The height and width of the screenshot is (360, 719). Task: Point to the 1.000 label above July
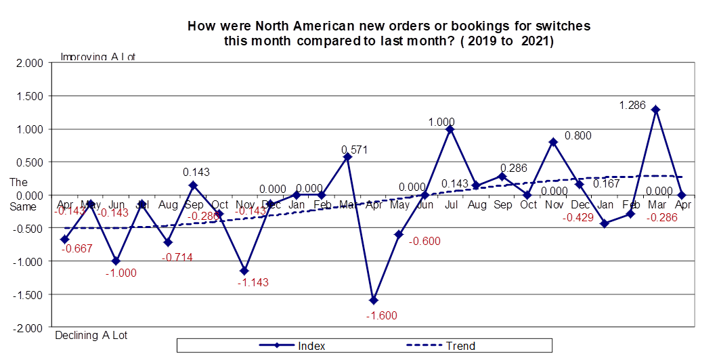click(x=442, y=122)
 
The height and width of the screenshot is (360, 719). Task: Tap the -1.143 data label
click(x=253, y=282)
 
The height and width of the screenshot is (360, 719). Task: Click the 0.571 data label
click(x=354, y=150)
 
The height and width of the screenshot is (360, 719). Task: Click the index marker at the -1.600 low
click(x=373, y=300)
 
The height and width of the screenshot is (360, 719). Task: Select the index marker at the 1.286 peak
click(x=655, y=110)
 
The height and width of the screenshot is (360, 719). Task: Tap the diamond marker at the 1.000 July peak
click(x=450, y=129)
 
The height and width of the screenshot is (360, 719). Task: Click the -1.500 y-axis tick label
click(x=29, y=294)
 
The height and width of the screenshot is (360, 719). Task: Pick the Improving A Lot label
click(x=97, y=57)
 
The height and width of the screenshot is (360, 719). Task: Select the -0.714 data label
click(x=177, y=256)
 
